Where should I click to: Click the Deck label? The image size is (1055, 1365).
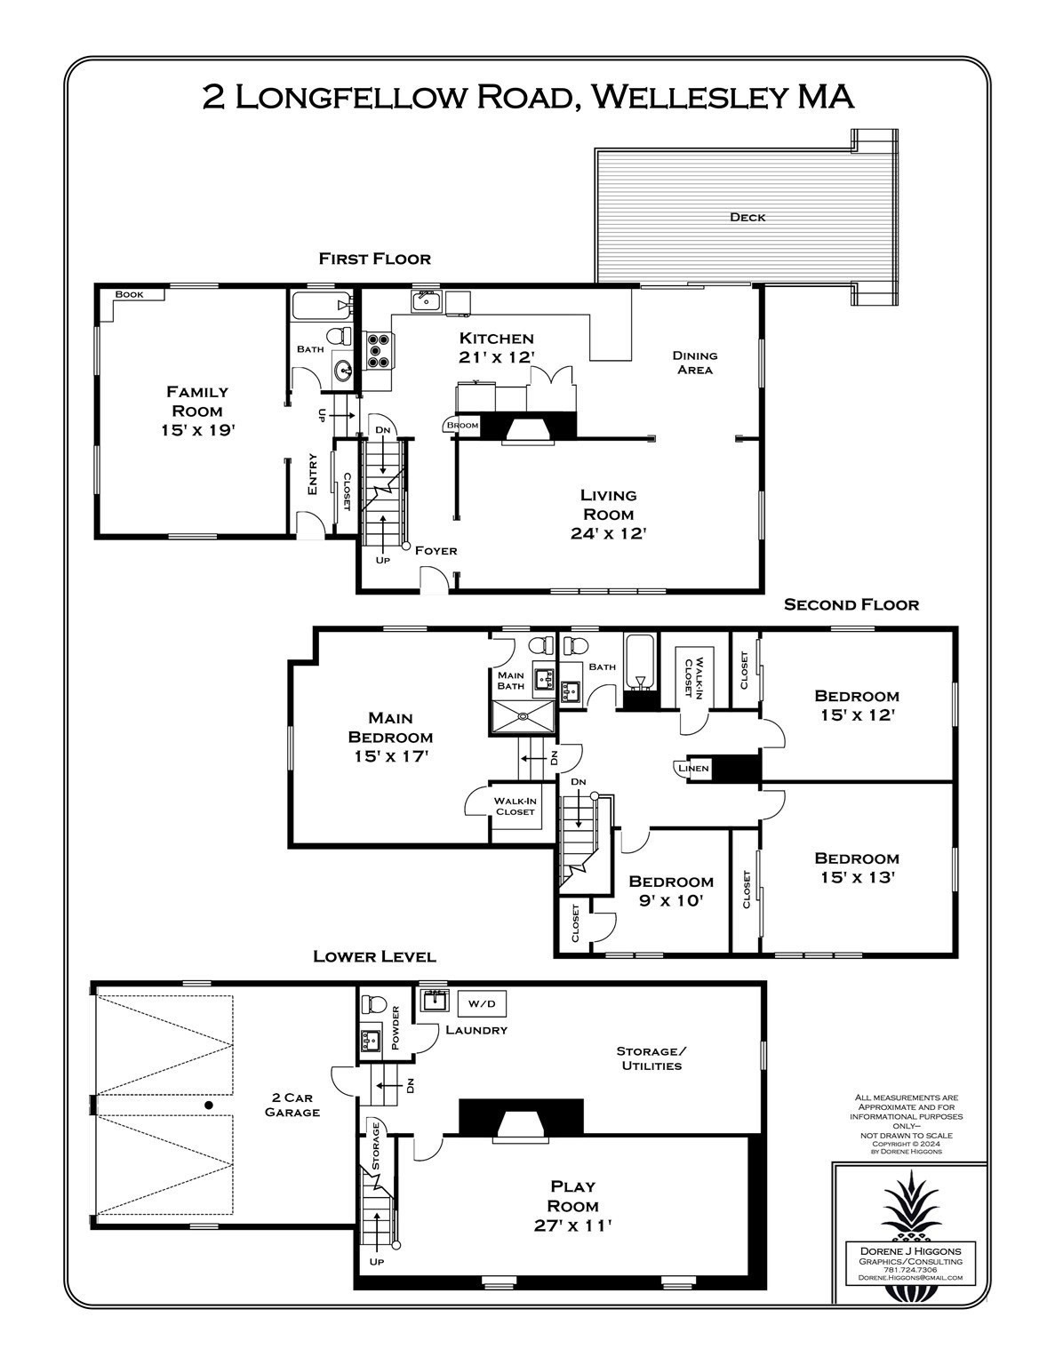click(x=747, y=217)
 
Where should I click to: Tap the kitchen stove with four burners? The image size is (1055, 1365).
click(x=377, y=349)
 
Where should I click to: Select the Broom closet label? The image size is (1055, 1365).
click(x=462, y=426)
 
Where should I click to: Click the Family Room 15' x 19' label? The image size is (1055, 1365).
click(x=198, y=411)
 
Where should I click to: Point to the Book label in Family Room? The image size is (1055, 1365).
click(x=129, y=294)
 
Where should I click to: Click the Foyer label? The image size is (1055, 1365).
click(x=436, y=551)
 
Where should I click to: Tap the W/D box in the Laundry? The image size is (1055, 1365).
click(x=481, y=1003)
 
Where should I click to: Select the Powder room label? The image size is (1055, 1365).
click(x=396, y=1027)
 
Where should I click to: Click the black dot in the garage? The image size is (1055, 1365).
click(x=208, y=1105)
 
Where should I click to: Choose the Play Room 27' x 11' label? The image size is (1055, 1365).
click(x=573, y=1206)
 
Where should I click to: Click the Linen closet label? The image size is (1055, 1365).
click(x=693, y=769)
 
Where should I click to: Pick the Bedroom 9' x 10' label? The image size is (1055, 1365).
click(x=671, y=890)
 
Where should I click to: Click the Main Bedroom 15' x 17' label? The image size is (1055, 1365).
click(x=390, y=736)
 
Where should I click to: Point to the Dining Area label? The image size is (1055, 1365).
click(x=694, y=363)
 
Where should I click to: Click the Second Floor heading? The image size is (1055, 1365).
click(x=851, y=605)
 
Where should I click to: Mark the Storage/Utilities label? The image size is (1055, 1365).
click(x=651, y=1058)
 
